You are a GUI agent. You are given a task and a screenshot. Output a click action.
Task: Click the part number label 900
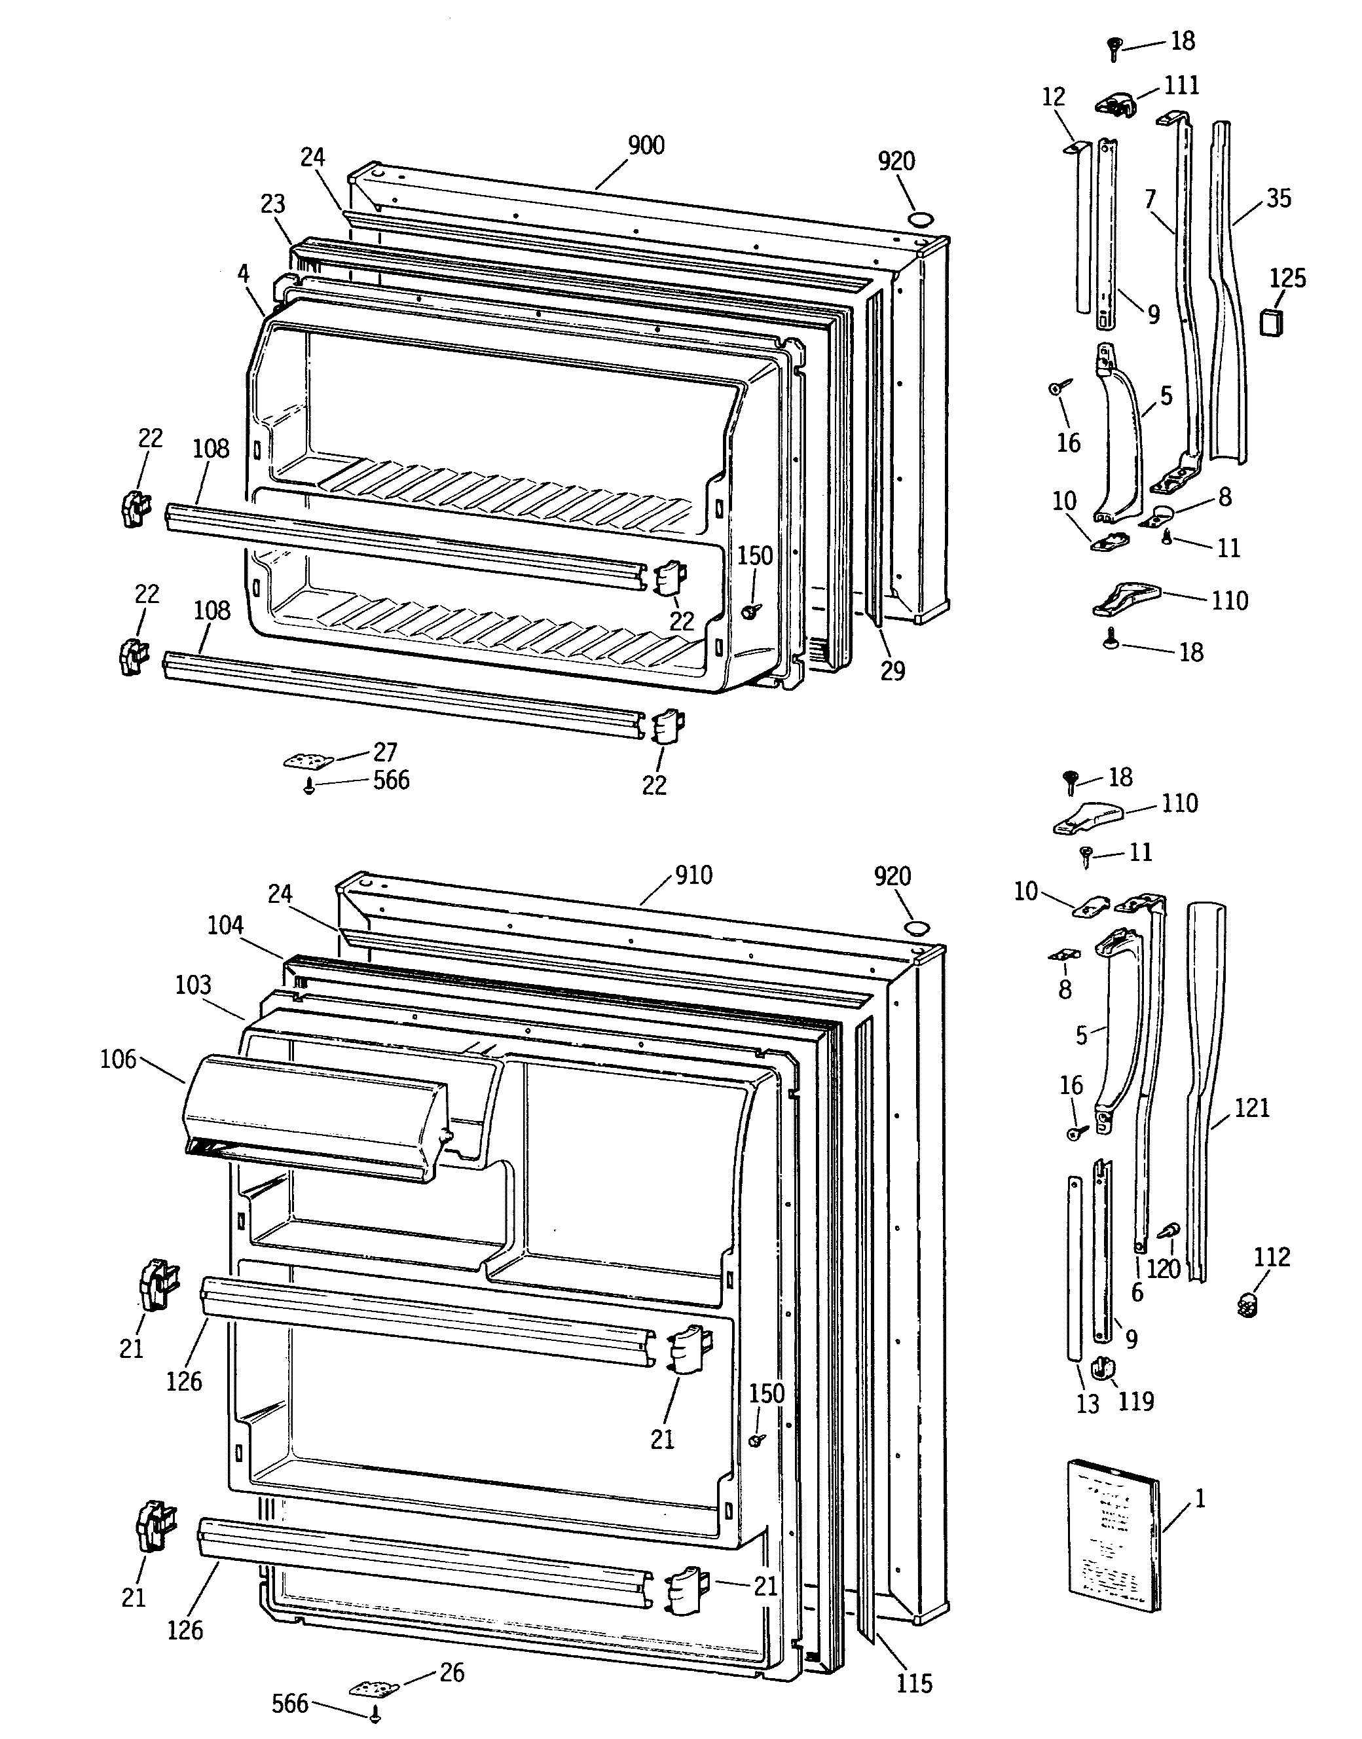[646, 145]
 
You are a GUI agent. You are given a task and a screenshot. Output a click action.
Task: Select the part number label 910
[693, 875]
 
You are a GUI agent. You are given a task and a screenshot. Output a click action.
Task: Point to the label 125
[1288, 278]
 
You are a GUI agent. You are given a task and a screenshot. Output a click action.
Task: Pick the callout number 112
[1272, 1257]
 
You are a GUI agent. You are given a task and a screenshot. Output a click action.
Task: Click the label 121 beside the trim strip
[1252, 1108]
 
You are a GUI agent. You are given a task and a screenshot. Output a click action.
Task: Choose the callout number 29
[893, 671]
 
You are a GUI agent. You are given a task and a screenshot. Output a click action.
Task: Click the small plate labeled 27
[307, 761]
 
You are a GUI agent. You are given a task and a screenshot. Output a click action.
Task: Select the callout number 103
[193, 985]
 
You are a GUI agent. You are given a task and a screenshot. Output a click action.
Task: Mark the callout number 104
[225, 925]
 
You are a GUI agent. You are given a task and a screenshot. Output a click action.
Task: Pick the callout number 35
[1278, 198]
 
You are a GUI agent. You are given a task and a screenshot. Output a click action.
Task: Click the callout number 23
[272, 204]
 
